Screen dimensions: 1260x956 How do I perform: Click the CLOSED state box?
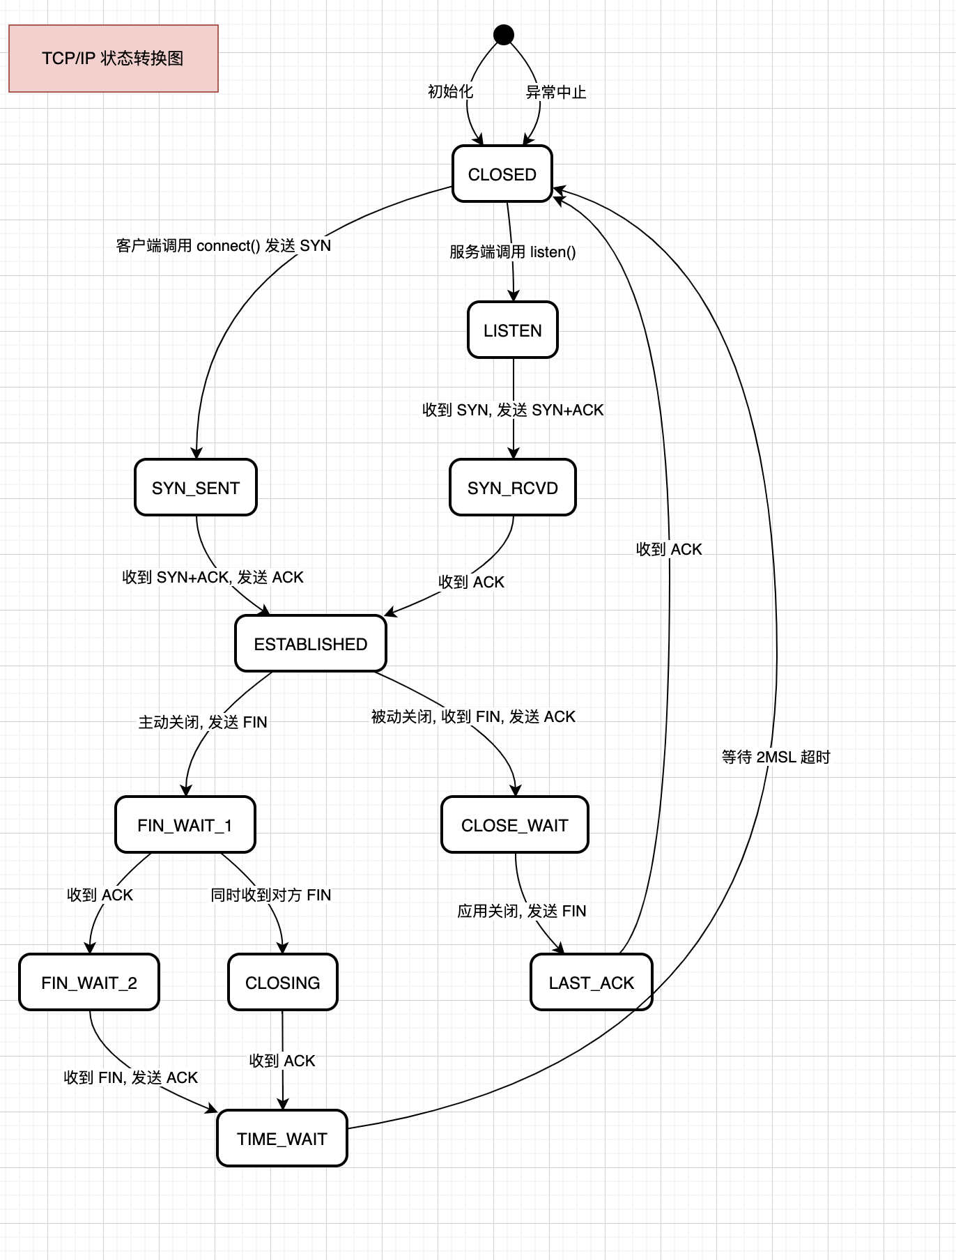click(x=502, y=174)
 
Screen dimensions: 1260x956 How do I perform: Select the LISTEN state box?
click(x=513, y=330)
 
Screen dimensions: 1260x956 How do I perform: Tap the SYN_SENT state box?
click(x=196, y=488)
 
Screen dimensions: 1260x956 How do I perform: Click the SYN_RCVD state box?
click(x=513, y=488)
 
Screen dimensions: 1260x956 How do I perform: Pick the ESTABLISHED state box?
click(x=311, y=644)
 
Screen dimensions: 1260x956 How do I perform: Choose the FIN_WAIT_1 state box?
click(x=185, y=825)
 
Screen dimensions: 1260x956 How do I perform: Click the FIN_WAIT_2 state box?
click(x=89, y=983)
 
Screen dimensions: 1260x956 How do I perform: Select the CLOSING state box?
click(x=283, y=983)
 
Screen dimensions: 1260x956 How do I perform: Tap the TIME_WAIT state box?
click(x=282, y=1139)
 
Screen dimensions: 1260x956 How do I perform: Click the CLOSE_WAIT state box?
click(x=515, y=825)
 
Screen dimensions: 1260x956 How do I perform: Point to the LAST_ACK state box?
click(x=592, y=983)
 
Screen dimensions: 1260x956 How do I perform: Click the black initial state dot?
click(x=504, y=34)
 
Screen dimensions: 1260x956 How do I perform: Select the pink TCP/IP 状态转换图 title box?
click(x=114, y=59)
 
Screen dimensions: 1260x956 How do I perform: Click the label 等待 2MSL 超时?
click(x=776, y=757)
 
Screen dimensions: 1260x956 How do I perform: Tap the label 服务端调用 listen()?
click(x=513, y=252)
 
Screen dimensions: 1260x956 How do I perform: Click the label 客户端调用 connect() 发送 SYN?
click(x=224, y=246)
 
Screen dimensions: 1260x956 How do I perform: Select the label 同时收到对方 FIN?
click(x=271, y=895)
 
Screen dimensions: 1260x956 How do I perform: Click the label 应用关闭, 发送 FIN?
click(x=522, y=911)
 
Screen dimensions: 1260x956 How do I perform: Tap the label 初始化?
click(x=450, y=92)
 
